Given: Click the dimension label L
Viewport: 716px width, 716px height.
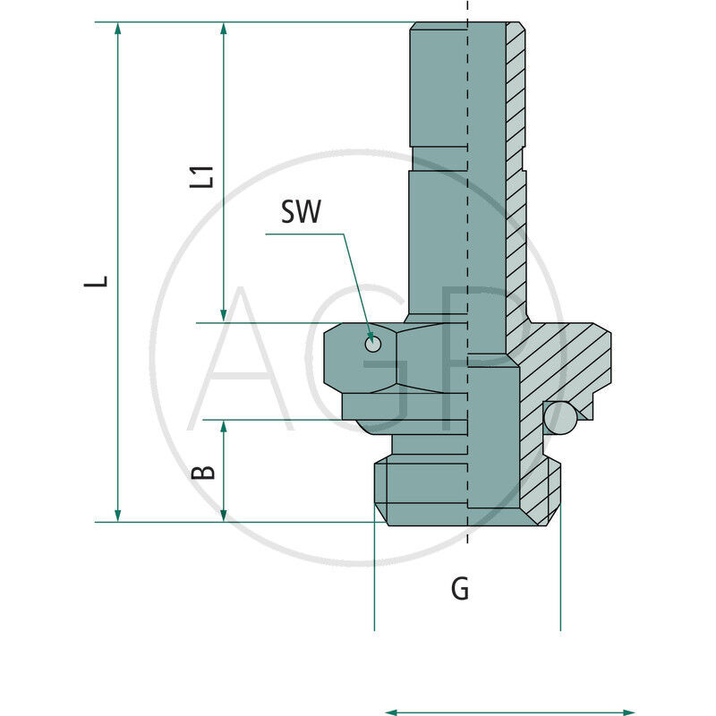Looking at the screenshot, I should click(102, 280).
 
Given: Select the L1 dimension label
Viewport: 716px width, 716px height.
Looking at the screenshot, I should click(206, 175).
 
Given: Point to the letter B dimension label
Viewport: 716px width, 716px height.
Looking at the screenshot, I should click(205, 471).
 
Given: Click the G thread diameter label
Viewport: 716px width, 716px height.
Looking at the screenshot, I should click(459, 589).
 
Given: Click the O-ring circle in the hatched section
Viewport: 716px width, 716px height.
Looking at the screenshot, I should click(560, 418).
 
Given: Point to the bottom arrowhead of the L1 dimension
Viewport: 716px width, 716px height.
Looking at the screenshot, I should click(224, 314).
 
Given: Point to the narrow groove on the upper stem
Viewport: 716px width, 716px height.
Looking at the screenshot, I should click(439, 158).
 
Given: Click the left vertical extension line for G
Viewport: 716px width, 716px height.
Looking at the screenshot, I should click(374, 573).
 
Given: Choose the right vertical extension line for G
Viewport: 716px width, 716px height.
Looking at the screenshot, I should click(560, 573).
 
